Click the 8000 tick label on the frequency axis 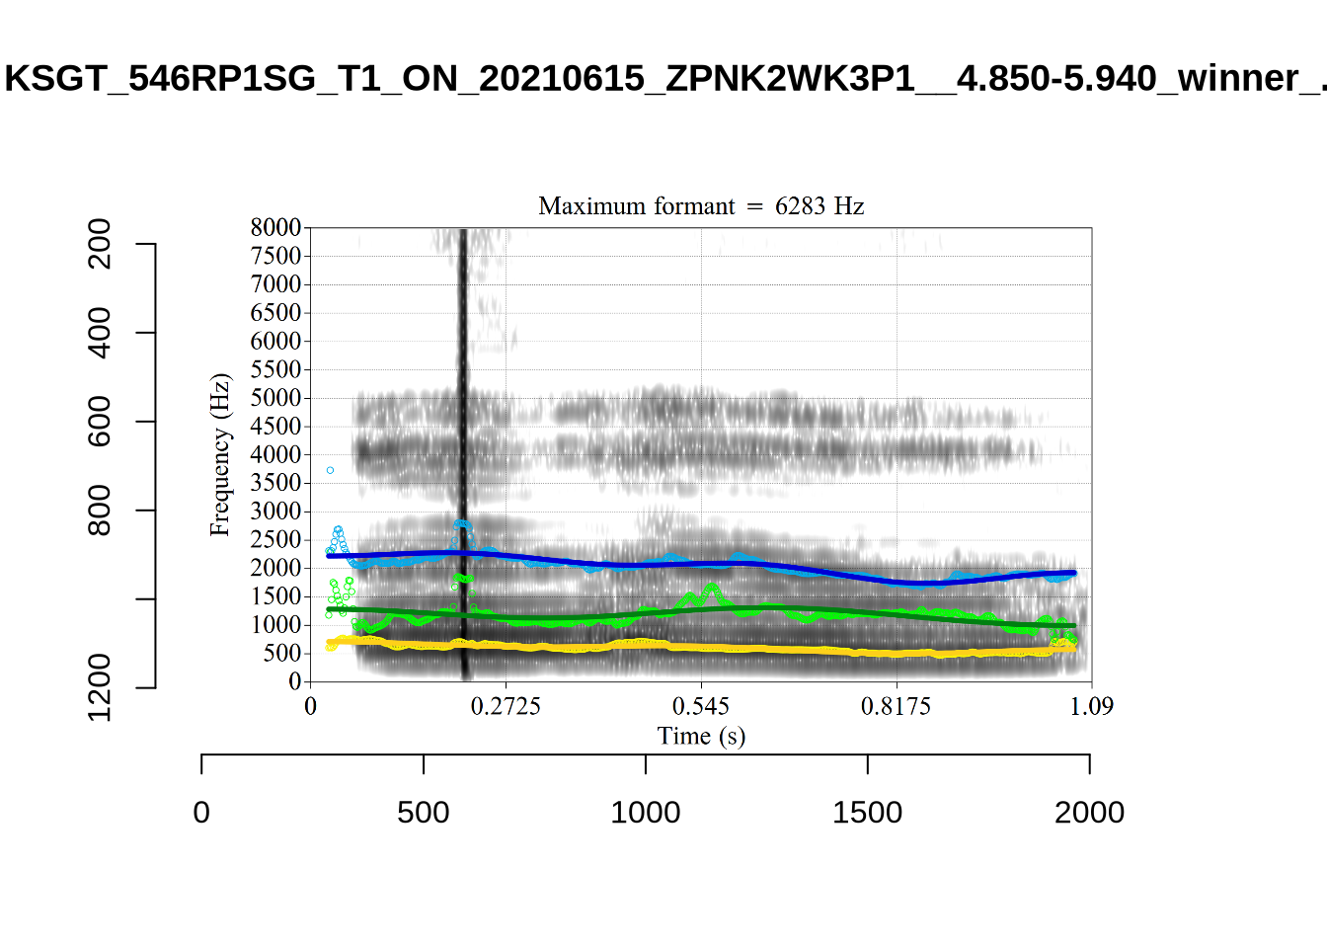point(275,228)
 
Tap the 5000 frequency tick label point(275,398)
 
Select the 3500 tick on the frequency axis point(275,483)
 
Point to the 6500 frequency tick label point(275,313)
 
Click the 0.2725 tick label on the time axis point(506,706)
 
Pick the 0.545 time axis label point(701,706)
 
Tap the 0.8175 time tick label point(896,706)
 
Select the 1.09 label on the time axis point(1091,706)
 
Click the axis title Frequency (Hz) point(219,454)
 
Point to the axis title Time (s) point(701,736)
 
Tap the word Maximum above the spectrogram point(586,206)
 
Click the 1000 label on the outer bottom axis point(646,813)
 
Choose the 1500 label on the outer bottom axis point(867,813)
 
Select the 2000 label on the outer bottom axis point(1089,813)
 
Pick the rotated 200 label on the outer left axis point(100,244)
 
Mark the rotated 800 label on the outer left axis point(100,510)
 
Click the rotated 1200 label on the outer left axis point(100,687)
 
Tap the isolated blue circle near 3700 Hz point(330,470)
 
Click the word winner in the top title point(1238,78)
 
